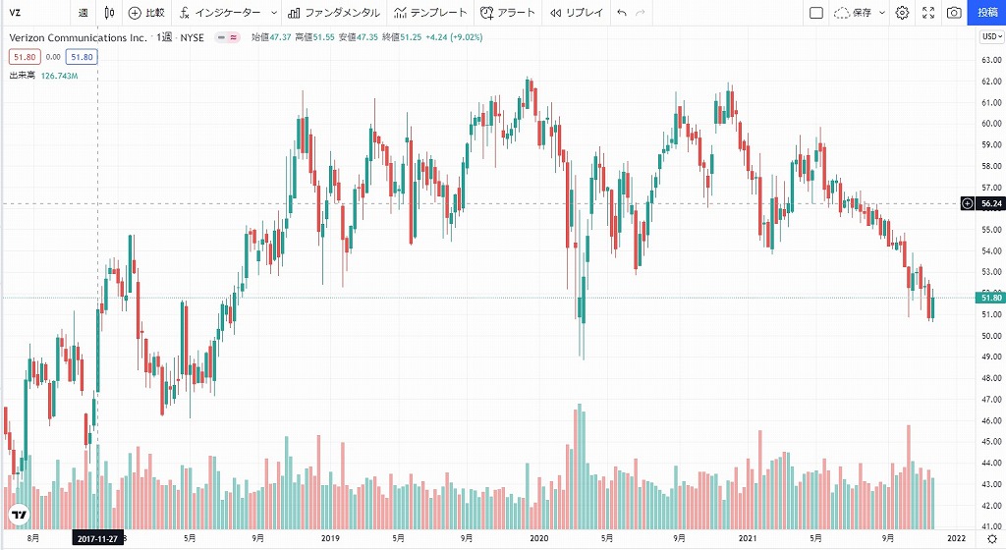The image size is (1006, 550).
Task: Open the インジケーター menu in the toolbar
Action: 221,13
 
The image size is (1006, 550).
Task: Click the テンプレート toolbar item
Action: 431,13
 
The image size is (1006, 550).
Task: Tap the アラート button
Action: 509,13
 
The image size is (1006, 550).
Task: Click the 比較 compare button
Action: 147,13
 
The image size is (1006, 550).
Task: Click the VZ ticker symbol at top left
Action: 16,13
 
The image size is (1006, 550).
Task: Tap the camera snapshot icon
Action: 954,13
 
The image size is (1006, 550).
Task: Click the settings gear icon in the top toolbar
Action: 902,13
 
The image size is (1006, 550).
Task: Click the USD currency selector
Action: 990,37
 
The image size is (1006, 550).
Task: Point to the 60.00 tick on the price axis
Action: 990,124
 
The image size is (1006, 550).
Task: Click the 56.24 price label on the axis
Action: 991,203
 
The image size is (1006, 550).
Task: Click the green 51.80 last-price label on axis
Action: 991,298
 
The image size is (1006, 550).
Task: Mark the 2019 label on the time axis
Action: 330,538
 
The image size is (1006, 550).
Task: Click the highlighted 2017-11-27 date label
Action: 97,538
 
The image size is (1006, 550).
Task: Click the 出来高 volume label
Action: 23,75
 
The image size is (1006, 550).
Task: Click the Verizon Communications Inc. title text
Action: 78,37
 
